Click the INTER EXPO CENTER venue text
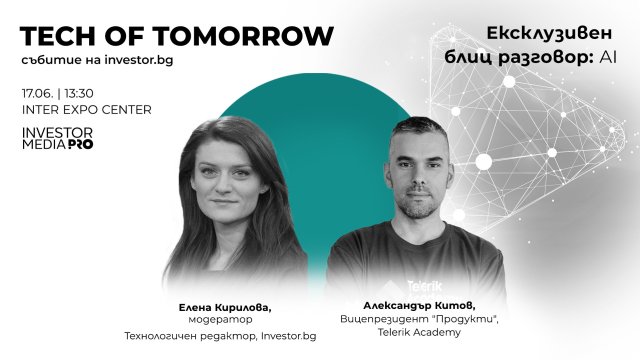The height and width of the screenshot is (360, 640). (x=86, y=109)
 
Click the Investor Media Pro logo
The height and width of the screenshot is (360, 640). (x=57, y=138)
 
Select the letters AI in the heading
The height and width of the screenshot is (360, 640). (x=608, y=58)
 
